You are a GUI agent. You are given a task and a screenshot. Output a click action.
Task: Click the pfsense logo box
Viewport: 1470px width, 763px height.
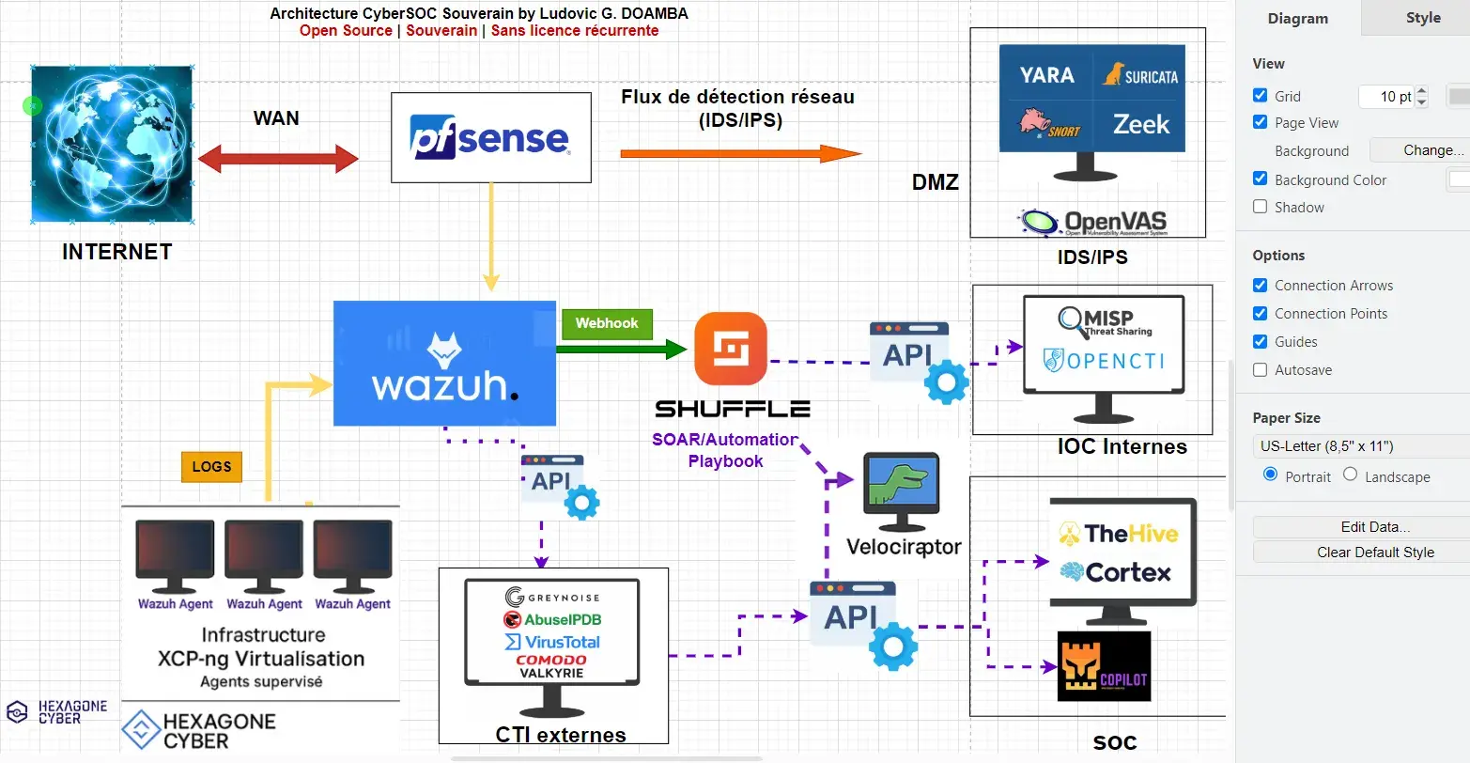click(490, 137)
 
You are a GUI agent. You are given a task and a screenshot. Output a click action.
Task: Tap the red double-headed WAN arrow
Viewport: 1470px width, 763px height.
click(278, 159)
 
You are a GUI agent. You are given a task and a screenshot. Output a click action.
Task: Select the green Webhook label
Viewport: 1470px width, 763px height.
click(606, 323)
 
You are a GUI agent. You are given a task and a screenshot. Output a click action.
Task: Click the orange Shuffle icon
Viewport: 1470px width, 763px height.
click(730, 350)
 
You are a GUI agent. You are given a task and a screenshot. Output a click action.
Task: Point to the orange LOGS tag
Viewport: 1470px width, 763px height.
click(211, 467)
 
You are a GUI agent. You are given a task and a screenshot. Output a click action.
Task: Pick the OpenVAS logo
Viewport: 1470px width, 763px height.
click(1091, 223)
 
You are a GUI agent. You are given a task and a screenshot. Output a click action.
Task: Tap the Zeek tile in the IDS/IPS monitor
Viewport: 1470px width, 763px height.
click(1141, 124)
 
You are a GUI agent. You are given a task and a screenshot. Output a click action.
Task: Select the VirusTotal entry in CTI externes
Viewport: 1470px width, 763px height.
click(552, 642)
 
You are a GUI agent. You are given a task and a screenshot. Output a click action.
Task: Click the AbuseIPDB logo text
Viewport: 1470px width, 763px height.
click(552, 619)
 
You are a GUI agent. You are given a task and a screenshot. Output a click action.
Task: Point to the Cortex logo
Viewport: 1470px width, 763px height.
click(1116, 572)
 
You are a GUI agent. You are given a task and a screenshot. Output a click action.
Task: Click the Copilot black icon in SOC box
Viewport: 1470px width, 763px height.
click(1104, 666)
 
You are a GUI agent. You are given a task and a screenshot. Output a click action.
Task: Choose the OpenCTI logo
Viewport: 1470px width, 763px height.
click(1104, 361)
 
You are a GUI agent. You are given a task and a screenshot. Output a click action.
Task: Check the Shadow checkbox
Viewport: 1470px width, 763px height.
click(1261, 207)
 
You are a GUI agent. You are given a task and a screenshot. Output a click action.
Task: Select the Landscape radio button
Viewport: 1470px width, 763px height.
click(1350, 475)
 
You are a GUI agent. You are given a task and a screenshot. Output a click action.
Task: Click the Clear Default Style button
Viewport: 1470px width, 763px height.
click(1375, 553)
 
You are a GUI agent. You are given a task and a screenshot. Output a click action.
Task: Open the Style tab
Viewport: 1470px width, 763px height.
click(1422, 18)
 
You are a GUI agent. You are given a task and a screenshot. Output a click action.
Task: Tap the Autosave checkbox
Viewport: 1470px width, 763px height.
click(1261, 369)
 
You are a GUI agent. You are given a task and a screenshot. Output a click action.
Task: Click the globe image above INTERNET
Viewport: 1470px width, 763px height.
click(112, 144)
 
